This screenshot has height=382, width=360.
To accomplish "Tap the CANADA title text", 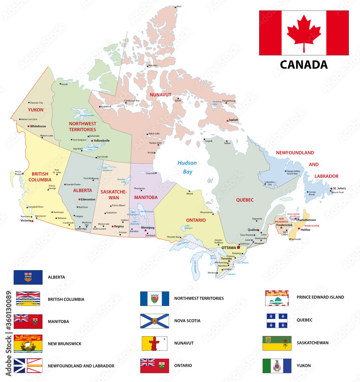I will pyautogui.click(x=304, y=64).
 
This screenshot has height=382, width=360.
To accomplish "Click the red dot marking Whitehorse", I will pyautogui.click(x=28, y=126).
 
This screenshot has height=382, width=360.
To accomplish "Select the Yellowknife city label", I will pyautogui.click(x=102, y=141).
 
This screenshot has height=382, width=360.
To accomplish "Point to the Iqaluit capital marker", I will pyautogui.click(x=228, y=120).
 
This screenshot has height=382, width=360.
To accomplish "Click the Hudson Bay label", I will pyautogui.click(x=187, y=167).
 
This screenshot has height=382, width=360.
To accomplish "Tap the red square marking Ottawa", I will pyautogui.click(x=238, y=248).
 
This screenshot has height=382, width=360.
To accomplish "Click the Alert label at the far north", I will pyautogui.click(x=179, y=7).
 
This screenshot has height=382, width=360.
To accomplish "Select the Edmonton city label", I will pyautogui.click(x=88, y=199).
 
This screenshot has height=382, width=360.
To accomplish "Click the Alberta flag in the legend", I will pyautogui.click(x=28, y=277).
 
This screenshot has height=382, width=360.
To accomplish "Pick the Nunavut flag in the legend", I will pyautogui.click(x=155, y=343).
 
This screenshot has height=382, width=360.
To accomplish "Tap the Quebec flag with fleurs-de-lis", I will pyautogui.click(x=277, y=320).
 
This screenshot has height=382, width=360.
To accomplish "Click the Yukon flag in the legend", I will pyautogui.click(x=277, y=366).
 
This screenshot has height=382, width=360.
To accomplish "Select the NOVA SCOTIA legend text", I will pyautogui.click(x=187, y=320).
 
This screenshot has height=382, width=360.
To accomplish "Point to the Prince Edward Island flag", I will pyautogui.click(x=277, y=298).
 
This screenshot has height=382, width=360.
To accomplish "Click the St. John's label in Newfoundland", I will pyautogui.click(x=339, y=188).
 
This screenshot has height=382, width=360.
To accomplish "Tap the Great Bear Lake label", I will pyautogui.click(x=84, y=115).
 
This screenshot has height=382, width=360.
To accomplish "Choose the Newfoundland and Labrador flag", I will pyautogui.click(x=28, y=366).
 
